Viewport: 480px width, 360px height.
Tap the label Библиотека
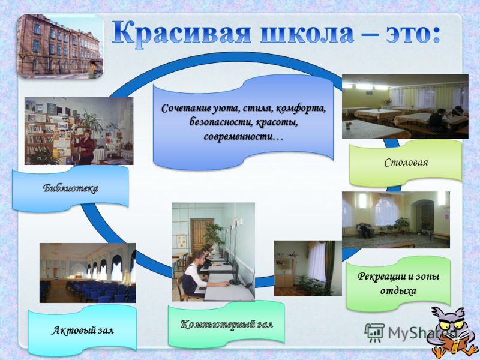[x=71, y=188]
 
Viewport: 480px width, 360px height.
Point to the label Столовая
[x=406, y=162]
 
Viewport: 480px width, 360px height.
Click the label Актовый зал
[x=82, y=331]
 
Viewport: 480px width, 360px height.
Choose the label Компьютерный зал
[x=227, y=325]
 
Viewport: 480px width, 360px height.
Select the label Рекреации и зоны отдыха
[x=398, y=283]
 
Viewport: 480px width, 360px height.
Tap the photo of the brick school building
[x=60, y=46]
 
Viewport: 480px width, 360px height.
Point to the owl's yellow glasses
[x=452, y=325]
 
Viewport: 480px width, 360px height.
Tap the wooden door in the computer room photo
[x=202, y=234]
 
